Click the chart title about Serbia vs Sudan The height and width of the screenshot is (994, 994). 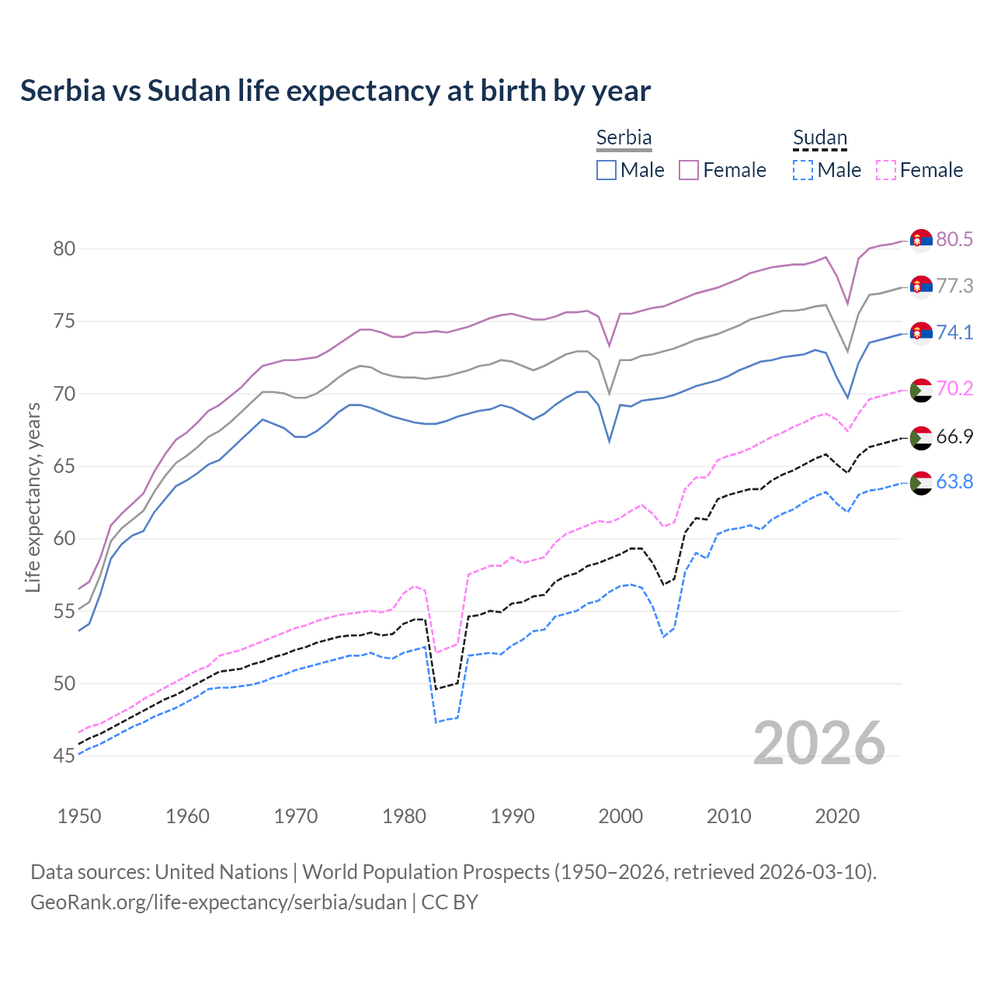point(335,91)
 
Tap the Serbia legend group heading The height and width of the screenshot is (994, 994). point(624,137)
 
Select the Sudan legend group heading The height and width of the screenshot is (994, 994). point(819,137)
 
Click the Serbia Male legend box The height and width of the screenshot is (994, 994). point(606,170)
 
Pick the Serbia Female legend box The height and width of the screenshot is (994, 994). point(689,170)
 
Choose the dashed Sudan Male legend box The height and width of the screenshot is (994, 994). point(803,170)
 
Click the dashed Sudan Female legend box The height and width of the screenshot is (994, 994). point(885,170)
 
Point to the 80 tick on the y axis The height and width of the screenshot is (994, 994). point(64,249)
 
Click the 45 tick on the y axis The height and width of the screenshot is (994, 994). point(64,756)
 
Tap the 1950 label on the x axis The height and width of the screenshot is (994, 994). point(79,816)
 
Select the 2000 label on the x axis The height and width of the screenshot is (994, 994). point(620,816)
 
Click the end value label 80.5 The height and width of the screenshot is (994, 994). point(954,240)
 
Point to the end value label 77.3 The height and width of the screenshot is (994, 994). point(954,287)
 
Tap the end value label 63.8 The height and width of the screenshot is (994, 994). point(954,482)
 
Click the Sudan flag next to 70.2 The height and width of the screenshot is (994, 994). point(921,390)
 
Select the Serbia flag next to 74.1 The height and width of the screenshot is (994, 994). point(921,333)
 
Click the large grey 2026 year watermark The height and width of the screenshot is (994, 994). point(819,743)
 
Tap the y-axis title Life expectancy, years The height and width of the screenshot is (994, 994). point(33,497)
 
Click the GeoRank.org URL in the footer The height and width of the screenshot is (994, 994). point(218,902)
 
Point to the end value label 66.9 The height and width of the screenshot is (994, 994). point(954,436)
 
